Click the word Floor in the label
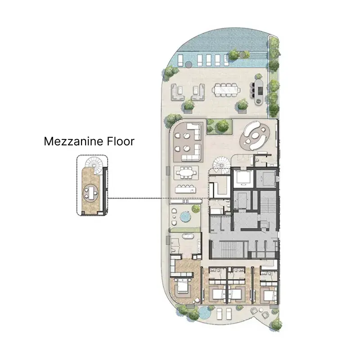(121, 141)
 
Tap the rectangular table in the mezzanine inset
(91, 193)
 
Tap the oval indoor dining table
(186, 172)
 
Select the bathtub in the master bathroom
(188, 236)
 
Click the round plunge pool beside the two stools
(185, 217)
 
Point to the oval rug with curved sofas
(255, 136)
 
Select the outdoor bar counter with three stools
(260, 92)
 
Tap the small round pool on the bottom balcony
(204, 313)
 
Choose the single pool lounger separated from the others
(180, 60)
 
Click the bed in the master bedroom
(183, 287)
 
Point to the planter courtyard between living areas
(219, 126)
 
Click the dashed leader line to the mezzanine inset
(158, 198)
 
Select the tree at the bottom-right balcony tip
(276, 324)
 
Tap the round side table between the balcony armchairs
(261, 310)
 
